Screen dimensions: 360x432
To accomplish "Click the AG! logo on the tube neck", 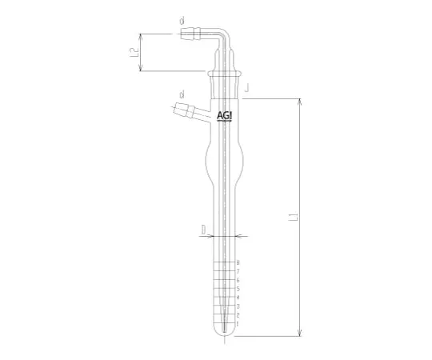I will (226, 116).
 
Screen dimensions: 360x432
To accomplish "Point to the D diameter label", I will (204, 230).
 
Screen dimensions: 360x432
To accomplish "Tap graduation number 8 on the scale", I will (238, 263).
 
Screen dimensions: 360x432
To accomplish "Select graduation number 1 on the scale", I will (238, 323).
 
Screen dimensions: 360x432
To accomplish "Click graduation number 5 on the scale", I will (238, 289).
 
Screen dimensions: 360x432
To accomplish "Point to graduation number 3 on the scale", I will (238, 306).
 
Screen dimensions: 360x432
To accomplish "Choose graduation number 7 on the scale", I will (238, 272).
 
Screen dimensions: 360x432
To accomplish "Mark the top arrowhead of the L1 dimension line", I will (299, 102).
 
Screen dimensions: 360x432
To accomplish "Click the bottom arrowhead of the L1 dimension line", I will (299, 334).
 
